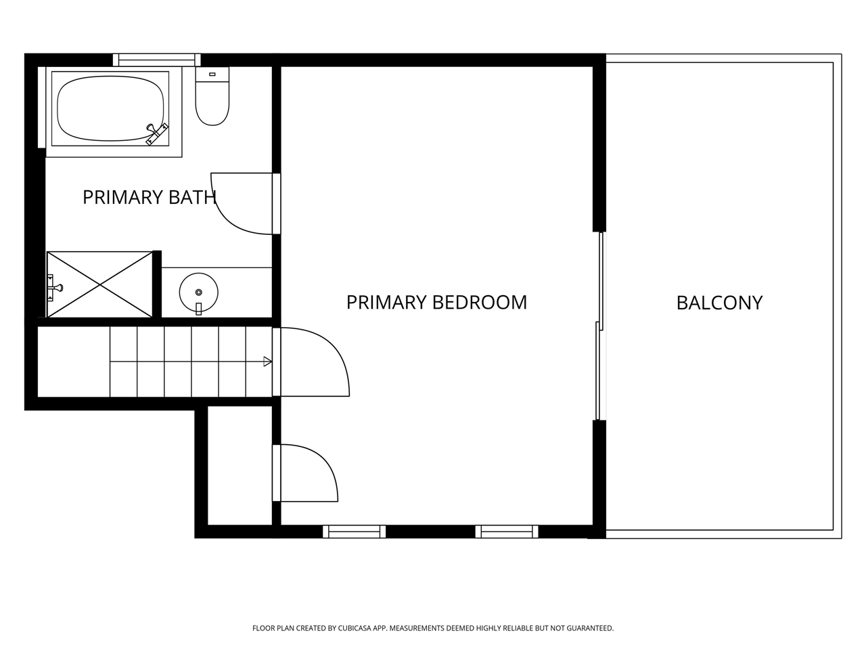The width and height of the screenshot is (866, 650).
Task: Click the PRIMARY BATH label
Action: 150,197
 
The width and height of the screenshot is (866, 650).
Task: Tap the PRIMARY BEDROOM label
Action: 437,302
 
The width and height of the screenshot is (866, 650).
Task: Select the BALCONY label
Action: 720,303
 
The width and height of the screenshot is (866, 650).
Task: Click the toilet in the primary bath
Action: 212,96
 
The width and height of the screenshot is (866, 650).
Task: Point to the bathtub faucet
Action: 157,134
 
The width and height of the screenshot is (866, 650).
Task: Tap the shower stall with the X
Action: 99,284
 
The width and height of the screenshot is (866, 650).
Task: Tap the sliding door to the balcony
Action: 599,326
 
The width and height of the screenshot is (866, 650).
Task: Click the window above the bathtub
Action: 157,60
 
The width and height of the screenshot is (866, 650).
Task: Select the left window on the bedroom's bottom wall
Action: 354,532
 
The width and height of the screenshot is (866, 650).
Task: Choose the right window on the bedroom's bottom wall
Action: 507,532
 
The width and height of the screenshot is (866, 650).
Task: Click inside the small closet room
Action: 240,466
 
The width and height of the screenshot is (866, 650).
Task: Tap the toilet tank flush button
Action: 212,74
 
